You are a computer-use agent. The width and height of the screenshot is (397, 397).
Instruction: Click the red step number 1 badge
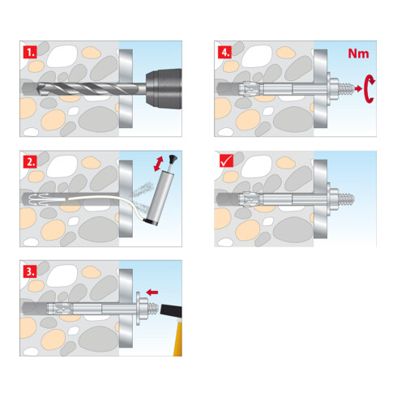point(30,53)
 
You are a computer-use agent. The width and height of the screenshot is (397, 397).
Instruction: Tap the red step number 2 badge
point(30,162)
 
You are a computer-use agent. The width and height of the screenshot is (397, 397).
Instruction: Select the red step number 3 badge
point(30,271)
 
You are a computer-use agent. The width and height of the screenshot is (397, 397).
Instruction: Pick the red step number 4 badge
point(224,53)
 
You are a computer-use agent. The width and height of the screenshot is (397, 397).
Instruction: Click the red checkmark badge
point(226,160)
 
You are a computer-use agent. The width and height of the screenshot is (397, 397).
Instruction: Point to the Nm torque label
point(358,53)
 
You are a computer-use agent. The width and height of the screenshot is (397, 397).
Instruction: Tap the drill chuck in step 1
point(164,88)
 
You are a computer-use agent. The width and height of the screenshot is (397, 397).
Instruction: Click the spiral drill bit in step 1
point(91,88)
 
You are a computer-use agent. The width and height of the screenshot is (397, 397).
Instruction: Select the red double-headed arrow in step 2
point(159,164)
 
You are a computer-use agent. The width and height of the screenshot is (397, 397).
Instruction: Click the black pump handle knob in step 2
point(173,159)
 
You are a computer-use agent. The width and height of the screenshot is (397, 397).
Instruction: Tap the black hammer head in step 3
point(171,310)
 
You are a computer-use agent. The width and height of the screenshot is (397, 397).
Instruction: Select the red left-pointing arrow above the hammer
point(152,292)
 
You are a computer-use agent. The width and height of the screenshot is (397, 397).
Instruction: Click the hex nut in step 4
point(334,89)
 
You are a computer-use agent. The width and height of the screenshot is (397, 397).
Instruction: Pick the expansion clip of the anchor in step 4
point(249,89)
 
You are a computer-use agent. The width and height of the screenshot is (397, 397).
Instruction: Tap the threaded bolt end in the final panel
point(346,199)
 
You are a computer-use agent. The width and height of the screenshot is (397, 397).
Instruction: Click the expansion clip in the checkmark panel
point(249,199)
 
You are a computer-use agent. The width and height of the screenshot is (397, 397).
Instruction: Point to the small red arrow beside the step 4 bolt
point(358,88)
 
